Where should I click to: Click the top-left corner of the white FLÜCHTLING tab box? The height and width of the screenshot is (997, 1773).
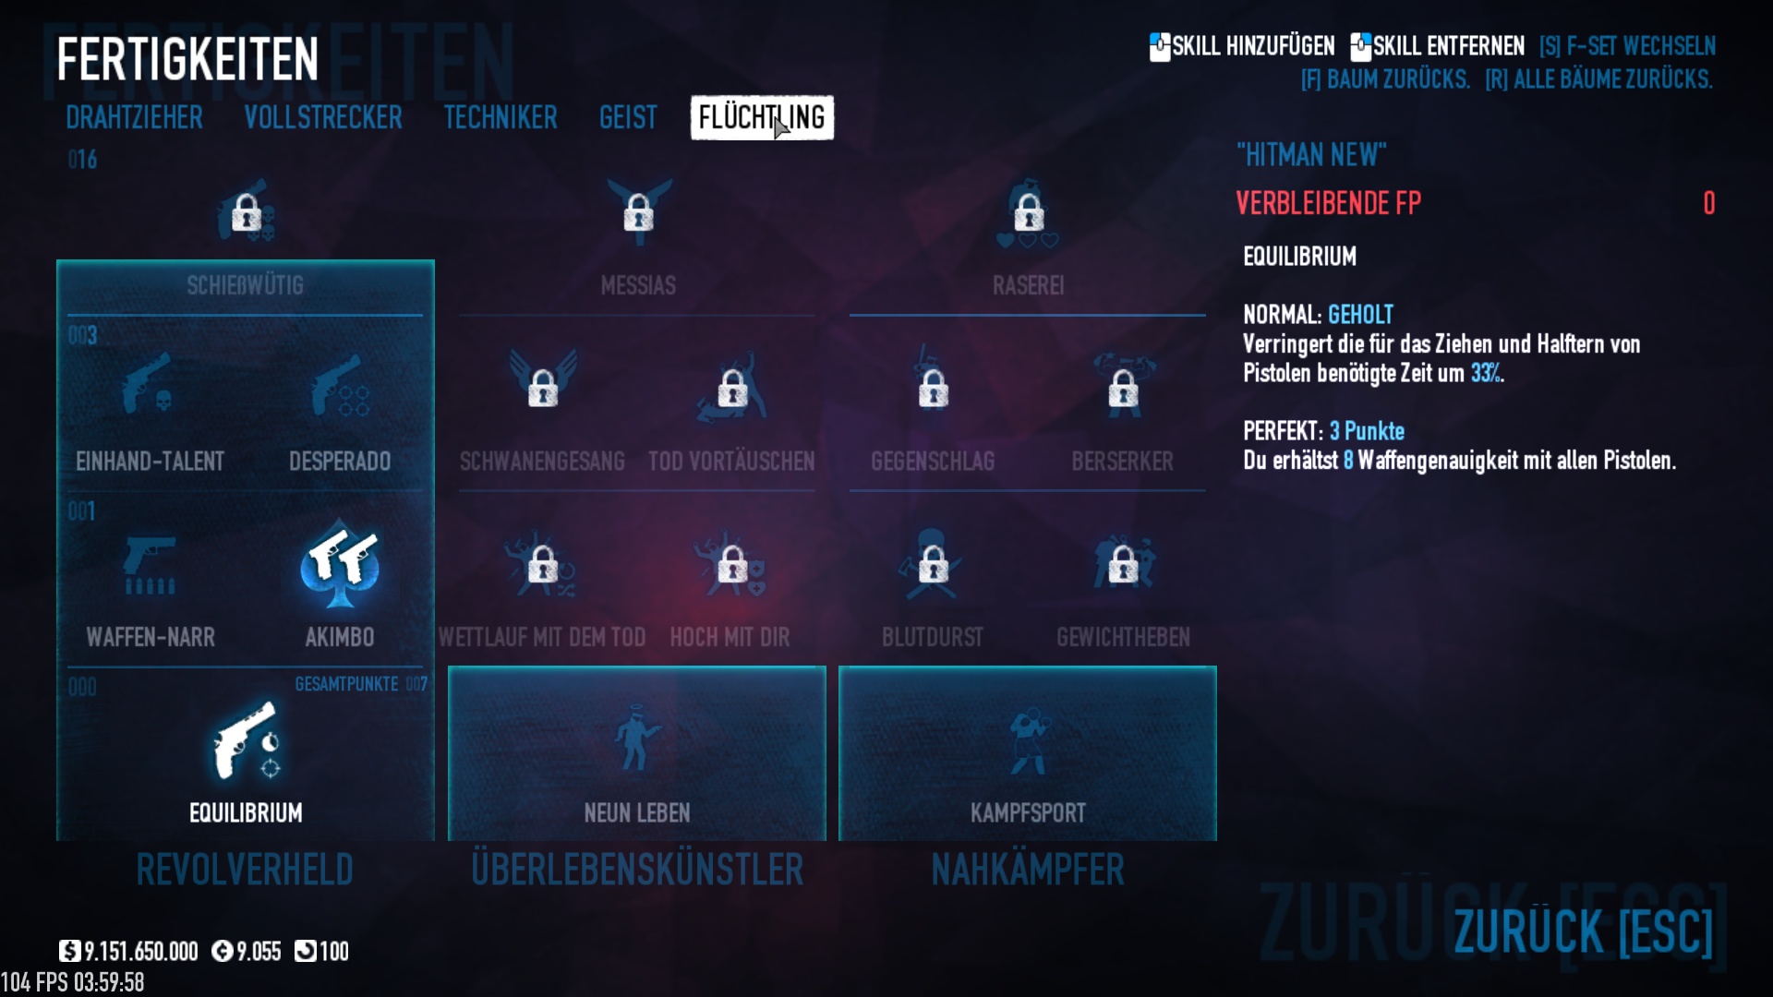tap(691, 96)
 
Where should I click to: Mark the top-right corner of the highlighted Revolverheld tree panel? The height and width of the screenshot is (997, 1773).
tap(434, 260)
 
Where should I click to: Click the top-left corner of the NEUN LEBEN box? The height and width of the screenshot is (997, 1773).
tap(449, 667)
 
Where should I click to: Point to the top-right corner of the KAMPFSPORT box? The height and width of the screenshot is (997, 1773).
tap(1216, 667)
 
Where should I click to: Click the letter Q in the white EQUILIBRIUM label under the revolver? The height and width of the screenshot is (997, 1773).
tap(207, 813)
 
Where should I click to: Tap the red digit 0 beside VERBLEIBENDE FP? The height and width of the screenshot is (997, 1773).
tap(1709, 203)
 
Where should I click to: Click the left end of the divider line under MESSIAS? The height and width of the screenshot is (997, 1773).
tap(459, 316)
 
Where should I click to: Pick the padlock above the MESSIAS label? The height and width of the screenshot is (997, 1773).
tap(638, 214)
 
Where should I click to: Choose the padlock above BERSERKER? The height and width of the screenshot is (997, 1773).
tap(1123, 389)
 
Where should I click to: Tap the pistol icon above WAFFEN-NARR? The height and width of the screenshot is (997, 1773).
tap(150, 563)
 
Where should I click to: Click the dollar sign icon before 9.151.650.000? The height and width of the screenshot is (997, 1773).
tap(69, 951)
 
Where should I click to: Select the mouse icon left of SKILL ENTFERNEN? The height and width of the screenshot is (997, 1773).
tap(1360, 47)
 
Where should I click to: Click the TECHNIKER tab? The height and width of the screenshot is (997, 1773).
tap(501, 117)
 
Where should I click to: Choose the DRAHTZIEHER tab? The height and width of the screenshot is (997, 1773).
tap(134, 117)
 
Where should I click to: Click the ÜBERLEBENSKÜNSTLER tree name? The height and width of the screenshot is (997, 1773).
tap(637, 870)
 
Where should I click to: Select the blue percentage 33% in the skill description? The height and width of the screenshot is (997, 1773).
tap(1485, 373)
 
